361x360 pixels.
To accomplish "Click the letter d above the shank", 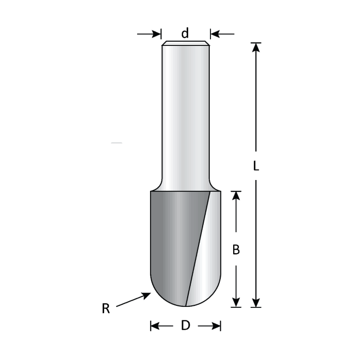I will [185, 34].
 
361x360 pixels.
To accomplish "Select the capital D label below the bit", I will [186, 326].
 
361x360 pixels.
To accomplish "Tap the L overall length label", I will [256, 166].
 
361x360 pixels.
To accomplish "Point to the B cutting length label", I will [236, 250].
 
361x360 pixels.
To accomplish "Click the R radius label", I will [106, 309].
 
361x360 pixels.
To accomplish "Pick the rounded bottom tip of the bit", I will [186, 303].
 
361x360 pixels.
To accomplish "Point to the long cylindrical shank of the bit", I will [185, 113].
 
